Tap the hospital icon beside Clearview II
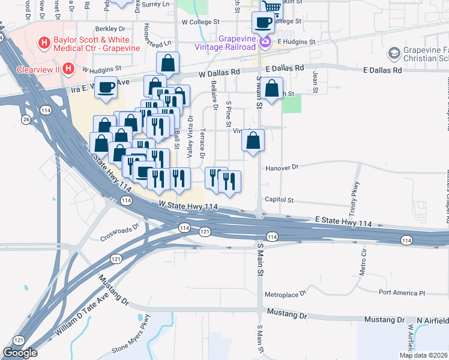[x=68, y=69]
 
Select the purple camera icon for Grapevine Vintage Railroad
[x=265, y=41]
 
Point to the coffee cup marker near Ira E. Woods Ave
[x=106, y=88]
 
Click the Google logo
[x=20, y=353]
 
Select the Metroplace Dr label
[x=285, y=295]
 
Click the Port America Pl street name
[x=402, y=293]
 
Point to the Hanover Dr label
[x=282, y=168]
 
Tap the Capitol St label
[x=279, y=200]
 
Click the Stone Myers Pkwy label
[x=130, y=335]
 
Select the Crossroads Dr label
[x=119, y=233]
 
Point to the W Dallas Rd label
[x=220, y=72]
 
